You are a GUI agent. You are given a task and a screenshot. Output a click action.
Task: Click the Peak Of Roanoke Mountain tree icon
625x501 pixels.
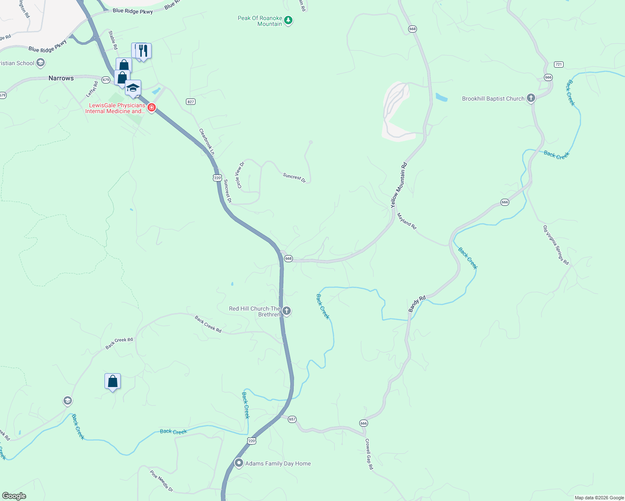pos(288,20)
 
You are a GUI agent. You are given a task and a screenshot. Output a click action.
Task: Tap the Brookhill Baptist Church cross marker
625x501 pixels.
pos(531,98)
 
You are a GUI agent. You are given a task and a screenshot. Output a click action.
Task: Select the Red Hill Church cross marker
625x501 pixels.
pos(287,311)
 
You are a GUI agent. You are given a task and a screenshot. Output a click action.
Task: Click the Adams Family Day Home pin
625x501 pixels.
pos(239,463)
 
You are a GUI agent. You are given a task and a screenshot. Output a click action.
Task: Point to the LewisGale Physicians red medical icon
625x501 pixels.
pos(151,108)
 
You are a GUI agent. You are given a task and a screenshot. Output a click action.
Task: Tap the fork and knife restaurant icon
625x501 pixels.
pos(143,51)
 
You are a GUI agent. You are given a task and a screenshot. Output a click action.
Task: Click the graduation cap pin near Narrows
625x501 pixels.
pos(133,88)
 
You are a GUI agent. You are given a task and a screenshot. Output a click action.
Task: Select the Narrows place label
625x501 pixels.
pos(61,78)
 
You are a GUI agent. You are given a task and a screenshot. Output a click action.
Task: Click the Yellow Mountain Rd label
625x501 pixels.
pos(399,185)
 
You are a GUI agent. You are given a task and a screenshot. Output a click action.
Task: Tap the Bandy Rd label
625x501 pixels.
pos(417,304)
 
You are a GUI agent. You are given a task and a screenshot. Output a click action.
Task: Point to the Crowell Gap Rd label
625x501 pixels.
pos(369,454)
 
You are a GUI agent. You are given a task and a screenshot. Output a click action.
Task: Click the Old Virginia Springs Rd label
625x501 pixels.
pos(556,245)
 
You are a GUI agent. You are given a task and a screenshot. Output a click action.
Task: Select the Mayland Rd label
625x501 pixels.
pos(407,221)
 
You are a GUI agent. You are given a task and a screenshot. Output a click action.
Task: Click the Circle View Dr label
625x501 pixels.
pos(240,175)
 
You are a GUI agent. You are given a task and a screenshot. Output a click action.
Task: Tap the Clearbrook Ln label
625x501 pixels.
pos(207,142)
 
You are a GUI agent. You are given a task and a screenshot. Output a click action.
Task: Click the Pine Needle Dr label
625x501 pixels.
pos(161,481)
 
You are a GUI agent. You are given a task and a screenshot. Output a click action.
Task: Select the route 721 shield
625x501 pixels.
pos(559,64)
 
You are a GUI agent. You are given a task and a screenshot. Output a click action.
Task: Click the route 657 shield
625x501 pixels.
pos(292,419)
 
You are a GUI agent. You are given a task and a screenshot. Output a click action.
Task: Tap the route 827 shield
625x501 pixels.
pos(191,101)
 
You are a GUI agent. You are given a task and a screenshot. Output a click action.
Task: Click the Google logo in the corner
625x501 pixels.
pos(14,496)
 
